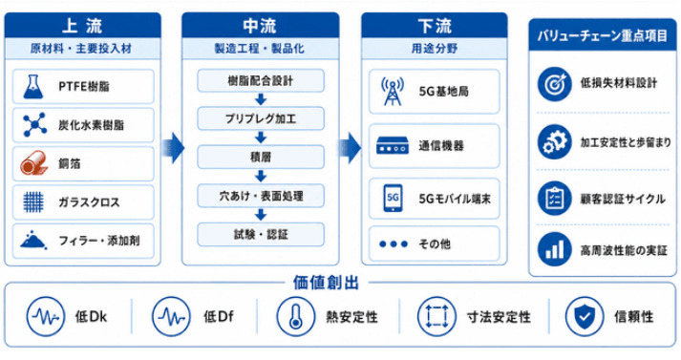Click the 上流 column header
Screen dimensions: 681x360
pyautogui.click(x=82, y=26)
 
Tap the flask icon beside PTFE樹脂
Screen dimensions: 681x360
pyautogui.click(x=33, y=86)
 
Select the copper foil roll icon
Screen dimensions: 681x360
pyautogui.click(x=33, y=163)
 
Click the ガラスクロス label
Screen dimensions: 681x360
pyautogui.click(x=89, y=202)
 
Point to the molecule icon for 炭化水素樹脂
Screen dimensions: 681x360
pyautogui.click(x=34, y=125)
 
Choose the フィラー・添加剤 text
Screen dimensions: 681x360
pyautogui.click(x=99, y=241)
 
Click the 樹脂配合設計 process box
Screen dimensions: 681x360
pyautogui.click(x=261, y=81)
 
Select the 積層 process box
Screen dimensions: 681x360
pyautogui.click(x=261, y=158)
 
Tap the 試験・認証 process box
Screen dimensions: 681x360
pyautogui.click(x=261, y=235)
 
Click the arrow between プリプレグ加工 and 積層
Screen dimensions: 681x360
pyautogui.click(x=261, y=138)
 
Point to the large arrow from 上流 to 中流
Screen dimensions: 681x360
pyautogui.click(x=174, y=148)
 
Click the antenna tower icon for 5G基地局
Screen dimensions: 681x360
pyautogui.click(x=393, y=92)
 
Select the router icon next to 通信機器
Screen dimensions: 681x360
pyautogui.click(x=393, y=145)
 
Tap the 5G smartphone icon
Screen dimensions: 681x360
pyautogui.click(x=393, y=198)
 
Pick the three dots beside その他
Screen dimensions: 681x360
pyautogui.click(x=394, y=244)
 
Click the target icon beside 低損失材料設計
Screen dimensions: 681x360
pyautogui.click(x=554, y=84)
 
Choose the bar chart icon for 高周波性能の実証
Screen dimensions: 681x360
pyautogui.click(x=554, y=249)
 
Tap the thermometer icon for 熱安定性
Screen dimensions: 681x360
pyautogui.click(x=296, y=317)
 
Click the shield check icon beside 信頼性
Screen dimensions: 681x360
pyautogui.click(x=585, y=317)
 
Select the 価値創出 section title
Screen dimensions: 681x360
pyautogui.click(x=326, y=283)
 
